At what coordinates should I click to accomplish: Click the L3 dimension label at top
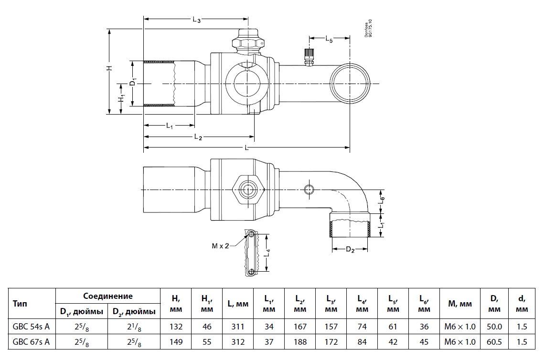point(196,20)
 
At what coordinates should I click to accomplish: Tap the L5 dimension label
point(330,40)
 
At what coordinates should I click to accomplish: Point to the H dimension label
point(109,69)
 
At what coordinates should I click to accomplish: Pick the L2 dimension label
point(198,138)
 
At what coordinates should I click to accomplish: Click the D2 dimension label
point(350,250)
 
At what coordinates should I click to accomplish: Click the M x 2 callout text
point(221,245)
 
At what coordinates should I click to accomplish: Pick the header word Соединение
point(108,296)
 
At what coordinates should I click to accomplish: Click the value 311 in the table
point(237,327)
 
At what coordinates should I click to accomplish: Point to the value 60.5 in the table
point(494,342)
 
